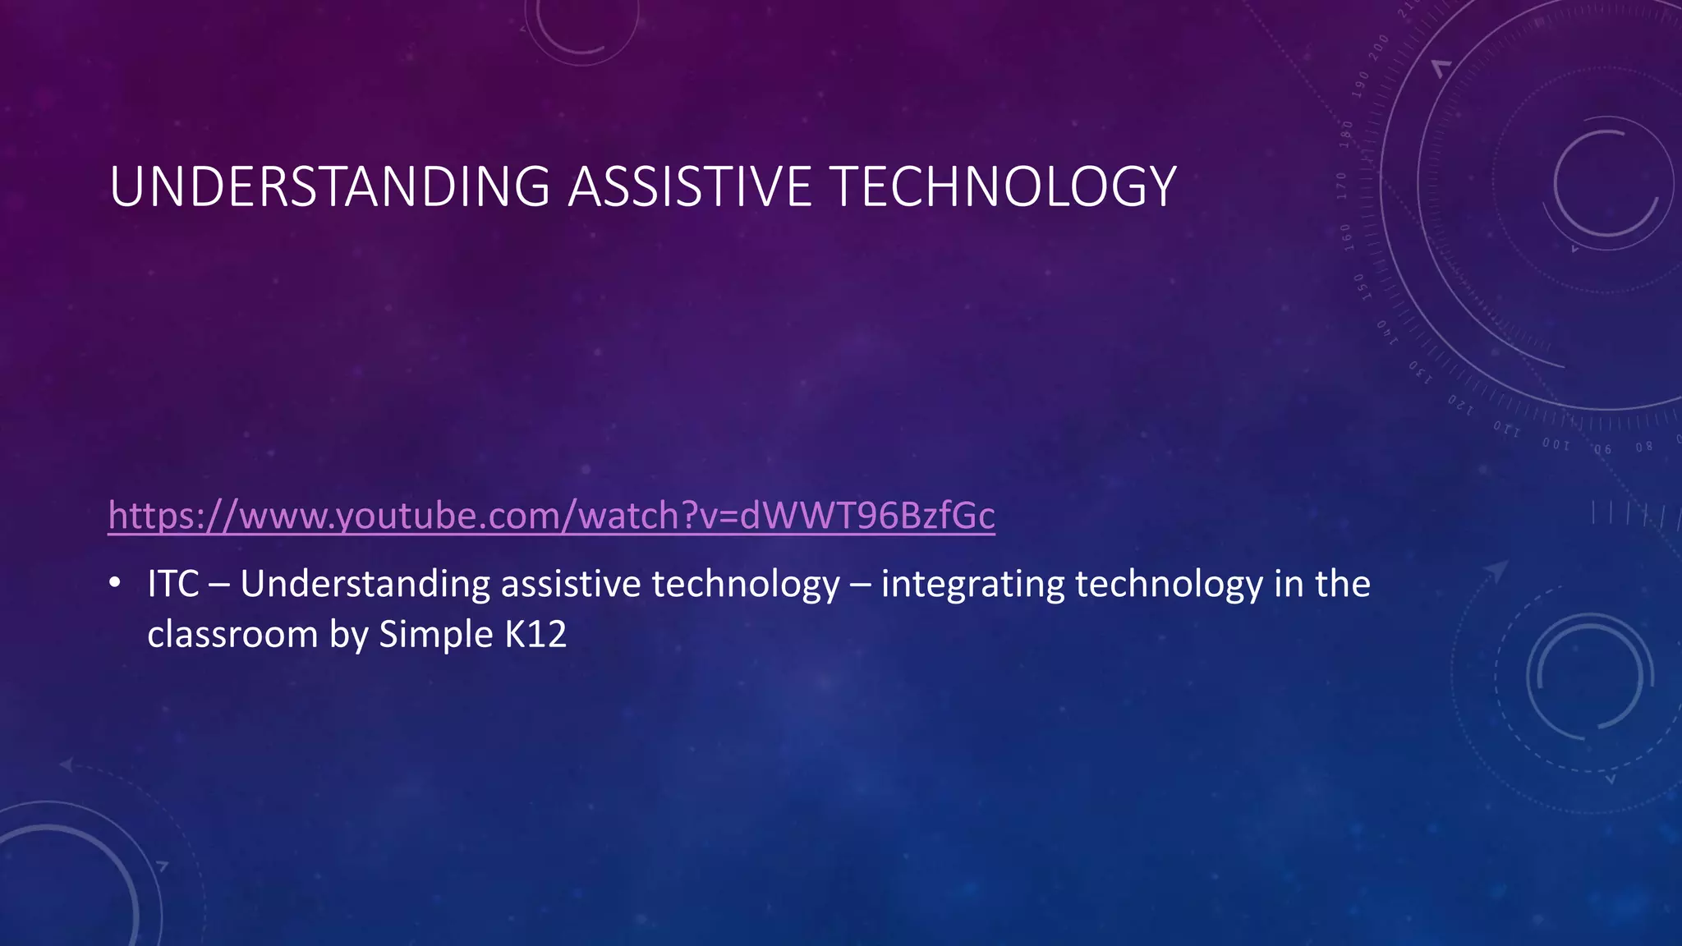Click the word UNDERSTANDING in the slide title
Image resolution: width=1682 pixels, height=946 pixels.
(x=329, y=186)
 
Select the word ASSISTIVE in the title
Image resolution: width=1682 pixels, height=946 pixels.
(x=690, y=186)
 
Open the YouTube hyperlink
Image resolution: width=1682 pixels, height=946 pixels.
(x=551, y=516)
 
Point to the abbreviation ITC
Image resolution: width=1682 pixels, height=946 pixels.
(x=173, y=585)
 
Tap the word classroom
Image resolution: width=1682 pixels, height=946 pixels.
(x=232, y=635)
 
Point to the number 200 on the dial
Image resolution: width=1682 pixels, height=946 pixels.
(x=1379, y=44)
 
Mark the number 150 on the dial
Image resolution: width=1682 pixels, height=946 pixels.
(x=1358, y=287)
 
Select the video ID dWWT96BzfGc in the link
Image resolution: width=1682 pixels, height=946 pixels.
(x=867, y=516)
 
